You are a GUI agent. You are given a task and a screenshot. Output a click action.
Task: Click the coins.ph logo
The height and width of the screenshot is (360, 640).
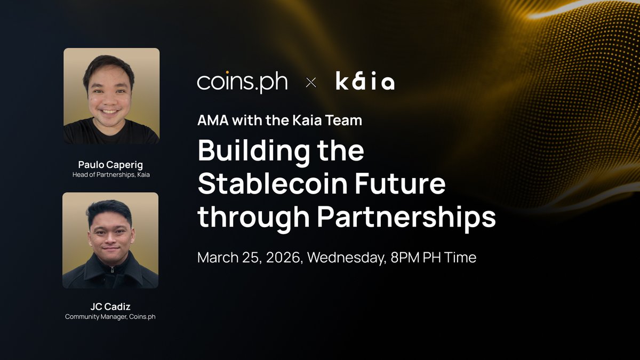pos(242,82)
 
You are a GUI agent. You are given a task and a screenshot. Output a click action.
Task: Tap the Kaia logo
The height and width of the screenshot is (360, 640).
pos(365,82)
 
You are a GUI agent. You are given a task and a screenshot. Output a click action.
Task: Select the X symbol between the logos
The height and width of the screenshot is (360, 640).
pos(311,83)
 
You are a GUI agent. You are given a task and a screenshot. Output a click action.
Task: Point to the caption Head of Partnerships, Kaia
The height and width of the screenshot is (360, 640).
pos(111,174)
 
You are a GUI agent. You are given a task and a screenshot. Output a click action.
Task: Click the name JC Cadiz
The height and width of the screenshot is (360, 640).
pos(111,307)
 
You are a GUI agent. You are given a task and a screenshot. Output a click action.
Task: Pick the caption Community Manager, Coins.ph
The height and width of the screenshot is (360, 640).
pos(111,317)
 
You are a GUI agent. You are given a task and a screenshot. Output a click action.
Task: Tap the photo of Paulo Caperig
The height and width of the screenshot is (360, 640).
pos(111,96)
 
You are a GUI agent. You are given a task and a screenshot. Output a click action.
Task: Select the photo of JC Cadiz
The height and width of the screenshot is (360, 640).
pos(110,241)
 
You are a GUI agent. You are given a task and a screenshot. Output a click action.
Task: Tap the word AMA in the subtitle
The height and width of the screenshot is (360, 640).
pos(213,121)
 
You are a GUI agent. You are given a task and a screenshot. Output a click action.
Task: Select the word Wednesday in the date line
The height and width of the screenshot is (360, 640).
pos(346,258)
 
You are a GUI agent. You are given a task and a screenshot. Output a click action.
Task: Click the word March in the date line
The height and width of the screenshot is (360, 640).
pos(217,258)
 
